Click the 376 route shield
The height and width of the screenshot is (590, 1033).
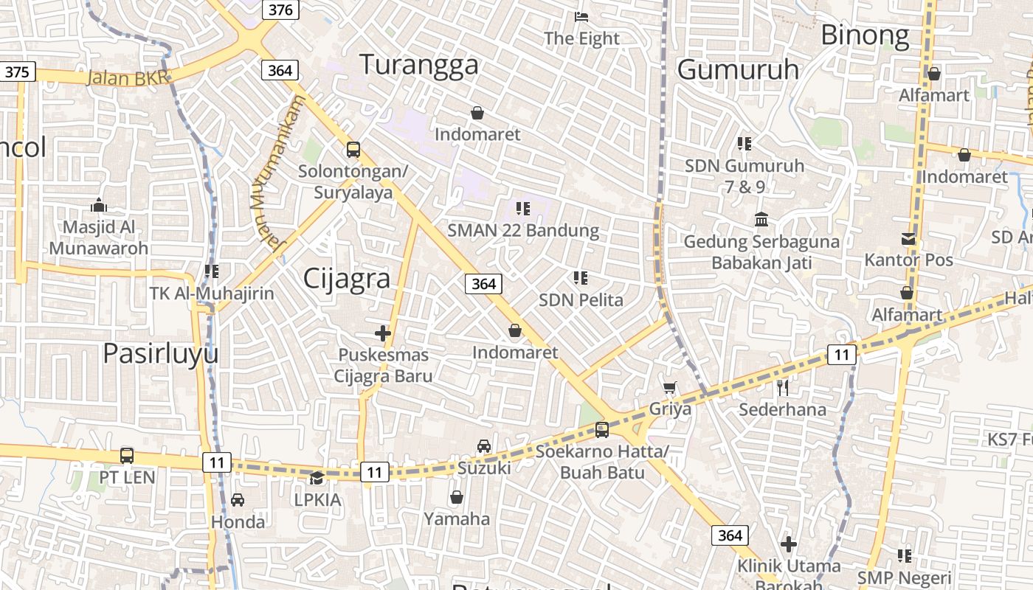(x=280, y=10)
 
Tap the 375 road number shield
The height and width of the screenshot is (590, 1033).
(x=18, y=72)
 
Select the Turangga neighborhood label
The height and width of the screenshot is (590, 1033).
(x=418, y=65)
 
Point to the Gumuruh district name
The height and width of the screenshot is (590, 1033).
(x=738, y=69)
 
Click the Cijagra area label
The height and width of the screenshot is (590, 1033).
(x=347, y=279)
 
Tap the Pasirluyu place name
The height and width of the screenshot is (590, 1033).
(x=160, y=354)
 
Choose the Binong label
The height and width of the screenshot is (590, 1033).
(x=865, y=35)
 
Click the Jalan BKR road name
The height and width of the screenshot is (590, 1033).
(x=128, y=77)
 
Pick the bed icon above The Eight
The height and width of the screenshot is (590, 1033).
(x=581, y=16)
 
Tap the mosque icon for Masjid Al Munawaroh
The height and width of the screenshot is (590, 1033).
(x=98, y=205)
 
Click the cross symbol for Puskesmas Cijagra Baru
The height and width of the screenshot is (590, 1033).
(x=382, y=333)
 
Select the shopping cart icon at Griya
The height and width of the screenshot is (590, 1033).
(x=670, y=387)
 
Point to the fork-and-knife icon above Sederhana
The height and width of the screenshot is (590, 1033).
(x=782, y=387)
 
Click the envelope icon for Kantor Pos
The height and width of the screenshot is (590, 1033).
(x=908, y=238)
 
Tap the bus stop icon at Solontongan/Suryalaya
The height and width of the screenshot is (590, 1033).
(x=353, y=150)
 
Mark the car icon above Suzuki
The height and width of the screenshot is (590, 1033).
(x=484, y=445)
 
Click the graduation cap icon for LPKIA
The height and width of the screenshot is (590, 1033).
(x=317, y=478)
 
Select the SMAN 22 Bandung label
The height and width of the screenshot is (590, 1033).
(x=523, y=230)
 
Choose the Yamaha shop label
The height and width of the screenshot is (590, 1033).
(x=457, y=518)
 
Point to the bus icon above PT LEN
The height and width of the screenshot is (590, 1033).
(x=127, y=456)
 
